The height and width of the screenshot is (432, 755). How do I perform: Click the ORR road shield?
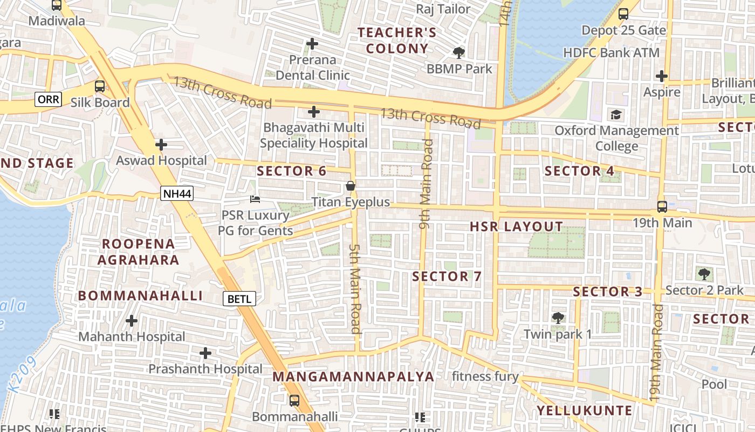(x=49, y=99)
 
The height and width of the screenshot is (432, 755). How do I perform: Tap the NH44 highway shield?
(x=176, y=193)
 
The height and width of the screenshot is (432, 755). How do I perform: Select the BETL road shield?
(x=239, y=299)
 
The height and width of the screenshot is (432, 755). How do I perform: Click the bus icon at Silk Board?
(x=100, y=86)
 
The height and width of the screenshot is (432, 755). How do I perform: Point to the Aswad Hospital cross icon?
(x=161, y=145)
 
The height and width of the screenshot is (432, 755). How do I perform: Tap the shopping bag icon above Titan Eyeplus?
(x=351, y=186)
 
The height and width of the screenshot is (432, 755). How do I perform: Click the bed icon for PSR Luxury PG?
(x=255, y=199)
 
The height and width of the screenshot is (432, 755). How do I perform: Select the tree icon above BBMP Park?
(x=459, y=53)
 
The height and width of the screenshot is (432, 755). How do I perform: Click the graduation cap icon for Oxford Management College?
(x=616, y=114)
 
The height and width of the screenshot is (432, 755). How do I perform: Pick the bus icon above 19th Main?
(x=662, y=206)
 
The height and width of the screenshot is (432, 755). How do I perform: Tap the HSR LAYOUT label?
(x=516, y=227)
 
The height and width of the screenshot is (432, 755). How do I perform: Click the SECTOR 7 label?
(x=447, y=276)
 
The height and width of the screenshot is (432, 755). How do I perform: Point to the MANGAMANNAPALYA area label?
(x=353, y=376)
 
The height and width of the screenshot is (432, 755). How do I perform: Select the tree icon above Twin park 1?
(x=558, y=318)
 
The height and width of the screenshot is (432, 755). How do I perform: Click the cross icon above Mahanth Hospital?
(x=132, y=321)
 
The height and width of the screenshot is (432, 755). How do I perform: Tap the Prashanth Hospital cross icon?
(x=205, y=353)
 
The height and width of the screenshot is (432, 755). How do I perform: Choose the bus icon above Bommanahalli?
(x=294, y=401)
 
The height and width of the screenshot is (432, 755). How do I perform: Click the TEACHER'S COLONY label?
(x=397, y=40)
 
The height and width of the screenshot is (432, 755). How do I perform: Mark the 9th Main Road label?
(x=426, y=184)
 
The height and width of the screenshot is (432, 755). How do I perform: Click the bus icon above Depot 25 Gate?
(x=623, y=14)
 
